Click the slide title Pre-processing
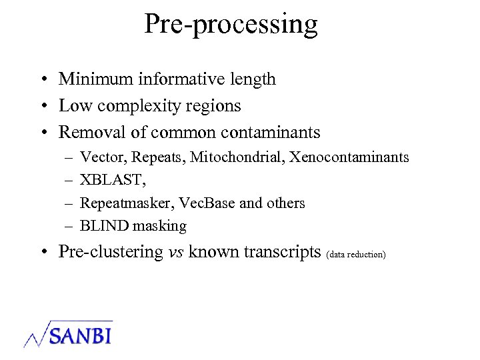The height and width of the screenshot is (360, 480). [231, 25]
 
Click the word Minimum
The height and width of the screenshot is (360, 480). [96, 79]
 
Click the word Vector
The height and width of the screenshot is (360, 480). [103, 158]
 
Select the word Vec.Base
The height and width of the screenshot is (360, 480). [206, 203]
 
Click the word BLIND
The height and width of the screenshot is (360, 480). [103, 226]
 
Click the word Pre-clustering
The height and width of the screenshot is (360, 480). [111, 252]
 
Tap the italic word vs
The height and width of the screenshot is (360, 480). [176, 252]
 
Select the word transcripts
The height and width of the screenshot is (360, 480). [282, 252]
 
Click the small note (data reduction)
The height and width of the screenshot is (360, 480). [357, 255]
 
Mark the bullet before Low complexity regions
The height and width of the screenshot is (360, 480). [42, 106]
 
